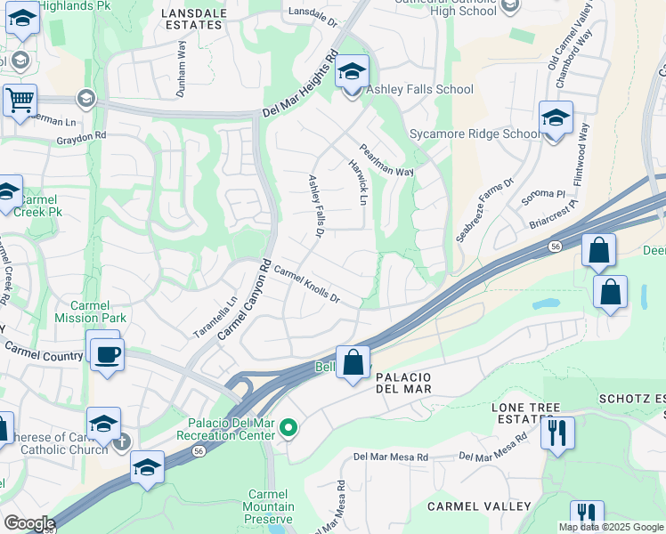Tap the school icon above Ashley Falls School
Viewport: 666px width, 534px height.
coord(352,71)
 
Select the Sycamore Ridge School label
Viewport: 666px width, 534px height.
coord(475,134)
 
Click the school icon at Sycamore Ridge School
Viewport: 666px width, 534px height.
coord(556,117)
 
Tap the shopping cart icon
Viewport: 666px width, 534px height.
coord(19,101)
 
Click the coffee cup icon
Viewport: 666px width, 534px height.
coord(107,354)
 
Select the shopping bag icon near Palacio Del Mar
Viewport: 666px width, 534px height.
coord(353,363)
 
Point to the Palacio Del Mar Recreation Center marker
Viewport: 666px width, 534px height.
coord(288,429)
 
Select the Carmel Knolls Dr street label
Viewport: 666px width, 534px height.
coord(307,284)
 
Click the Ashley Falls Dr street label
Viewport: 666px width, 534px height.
coord(314,206)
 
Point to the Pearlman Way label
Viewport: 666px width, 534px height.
coord(386,160)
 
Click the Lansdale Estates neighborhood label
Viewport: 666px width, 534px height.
coord(193,19)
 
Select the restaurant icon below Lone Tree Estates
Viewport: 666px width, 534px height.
coord(557,433)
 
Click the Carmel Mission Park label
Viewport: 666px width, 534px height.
coord(90,311)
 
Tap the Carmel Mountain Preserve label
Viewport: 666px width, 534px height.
coord(268,506)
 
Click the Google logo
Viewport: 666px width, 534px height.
coord(28,523)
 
